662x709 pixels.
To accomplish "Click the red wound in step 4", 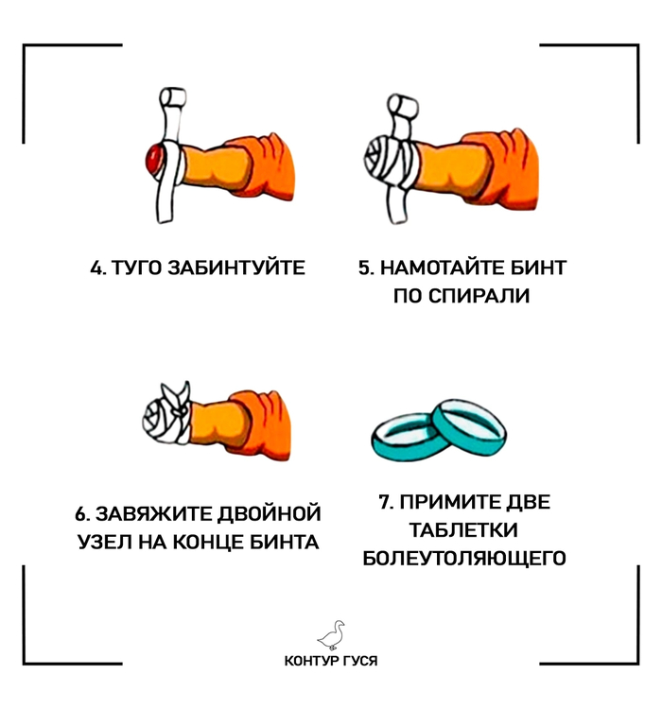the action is (x=153, y=159).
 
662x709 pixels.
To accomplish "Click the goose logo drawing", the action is (x=331, y=634).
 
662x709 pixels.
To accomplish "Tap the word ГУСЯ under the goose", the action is (x=359, y=661).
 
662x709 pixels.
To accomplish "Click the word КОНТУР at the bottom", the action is (x=311, y=661).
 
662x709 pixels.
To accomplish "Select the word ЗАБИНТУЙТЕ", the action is (x=236, y=268).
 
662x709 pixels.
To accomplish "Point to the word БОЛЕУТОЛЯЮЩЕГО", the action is (x=464, y=558).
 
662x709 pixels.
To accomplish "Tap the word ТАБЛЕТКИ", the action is (x=463, y=530).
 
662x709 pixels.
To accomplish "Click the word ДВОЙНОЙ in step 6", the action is (x=270, y=514).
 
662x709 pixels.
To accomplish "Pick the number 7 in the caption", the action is (x=386, y=502).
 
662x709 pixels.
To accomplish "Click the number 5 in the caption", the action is (x=365, y=268).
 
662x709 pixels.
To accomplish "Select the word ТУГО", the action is (x=136, y=268).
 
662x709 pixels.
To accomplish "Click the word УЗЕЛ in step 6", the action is (x=105, y=542).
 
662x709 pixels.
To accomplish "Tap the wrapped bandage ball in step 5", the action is (x=382, y=158).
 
